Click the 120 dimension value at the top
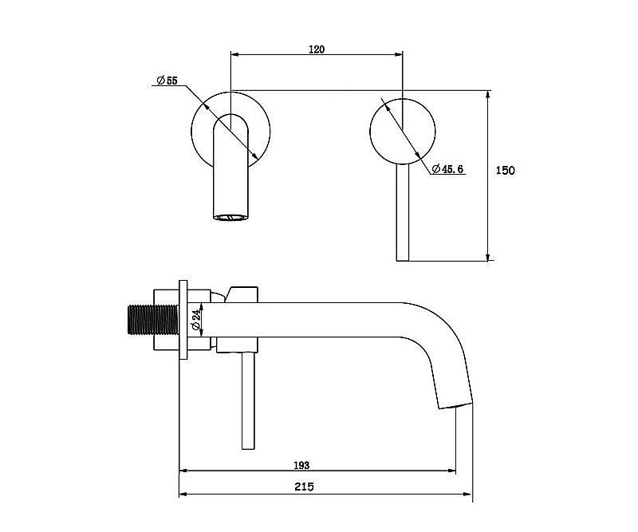(x=317, y=49)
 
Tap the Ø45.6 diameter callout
(x=447, y=169)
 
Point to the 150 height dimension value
(x=505, y=170)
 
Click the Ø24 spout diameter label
(x=195, y=320)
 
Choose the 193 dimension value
(x=301, y=465)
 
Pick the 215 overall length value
(x=304, y=487)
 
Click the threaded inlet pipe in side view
(x=153, y=320)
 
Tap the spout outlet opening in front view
(x=230, y=218)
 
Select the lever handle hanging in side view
(x=248, y=401)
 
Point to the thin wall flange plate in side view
(x=183, y=320)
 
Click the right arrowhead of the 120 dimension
(x=398, y=54)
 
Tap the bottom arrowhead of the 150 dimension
(x=488, y=256)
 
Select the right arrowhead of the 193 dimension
(x=451, y=471)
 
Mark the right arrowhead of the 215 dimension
(x=467, y=495)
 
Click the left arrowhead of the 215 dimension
(x=184, y=495)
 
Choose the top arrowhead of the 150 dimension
(x=488, y=95)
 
